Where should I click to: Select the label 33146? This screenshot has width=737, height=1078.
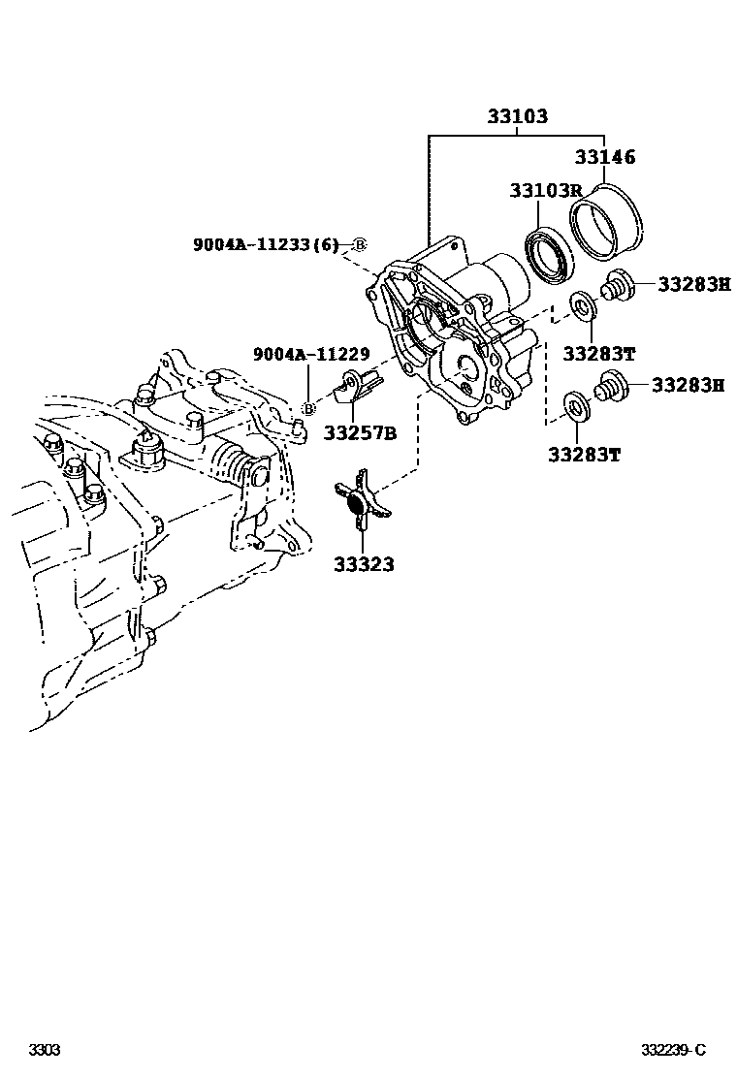[x=605, y=156]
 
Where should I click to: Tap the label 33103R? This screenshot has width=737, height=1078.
[x=546, y=191]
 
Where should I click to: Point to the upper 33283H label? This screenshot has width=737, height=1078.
[x=693, y=284]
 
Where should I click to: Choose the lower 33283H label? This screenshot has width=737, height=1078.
[x=688, y=385]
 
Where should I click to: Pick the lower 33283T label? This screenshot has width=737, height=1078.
[x=583, y=454]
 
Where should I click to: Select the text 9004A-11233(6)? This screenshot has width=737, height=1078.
[x=265, y=245]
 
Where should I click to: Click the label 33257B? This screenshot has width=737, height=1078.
[x=360, y=432]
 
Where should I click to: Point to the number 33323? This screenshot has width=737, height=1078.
[x=365, y=563]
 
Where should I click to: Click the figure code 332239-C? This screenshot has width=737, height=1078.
[x=673, y=1050]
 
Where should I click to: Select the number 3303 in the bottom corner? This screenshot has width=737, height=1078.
[x=44, y=1050]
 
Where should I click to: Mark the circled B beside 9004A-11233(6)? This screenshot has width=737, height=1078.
[x=358, y=245]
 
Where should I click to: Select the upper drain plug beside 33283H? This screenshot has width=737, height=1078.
[x=617, y=286]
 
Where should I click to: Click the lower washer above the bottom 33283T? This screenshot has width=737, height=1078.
[x=574, y=404]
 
